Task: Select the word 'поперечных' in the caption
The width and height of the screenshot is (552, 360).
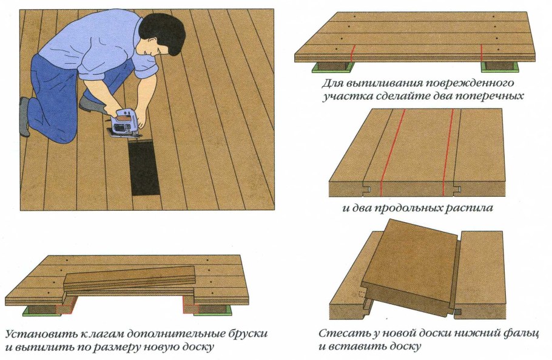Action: pyautogui.click(x=493, y=96)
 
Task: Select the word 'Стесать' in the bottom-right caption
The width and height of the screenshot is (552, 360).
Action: pyautogui.click(x=340, y=334)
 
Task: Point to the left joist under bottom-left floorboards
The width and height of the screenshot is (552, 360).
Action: pyautogui.click(x=40, y=309)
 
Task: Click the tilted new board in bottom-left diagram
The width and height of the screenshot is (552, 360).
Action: pyautogui.click(x=130, y=277)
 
